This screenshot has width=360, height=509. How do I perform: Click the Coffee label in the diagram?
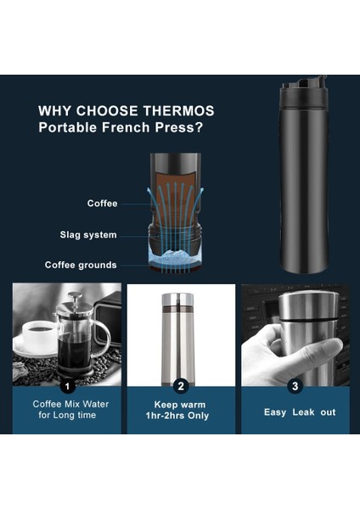coord(102,204)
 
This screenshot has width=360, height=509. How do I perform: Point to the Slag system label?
coord(88,235)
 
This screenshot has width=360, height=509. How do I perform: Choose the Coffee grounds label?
coord(81,266)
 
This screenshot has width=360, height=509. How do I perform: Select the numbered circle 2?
coord(180,386)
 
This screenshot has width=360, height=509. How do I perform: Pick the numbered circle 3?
coord(295,386)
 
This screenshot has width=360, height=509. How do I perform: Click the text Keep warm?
coord(180,404)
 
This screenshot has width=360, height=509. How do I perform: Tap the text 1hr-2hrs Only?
coord(180,416)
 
